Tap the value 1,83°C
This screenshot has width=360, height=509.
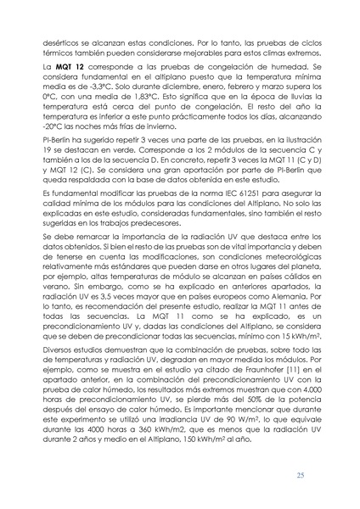click(141, 98)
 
